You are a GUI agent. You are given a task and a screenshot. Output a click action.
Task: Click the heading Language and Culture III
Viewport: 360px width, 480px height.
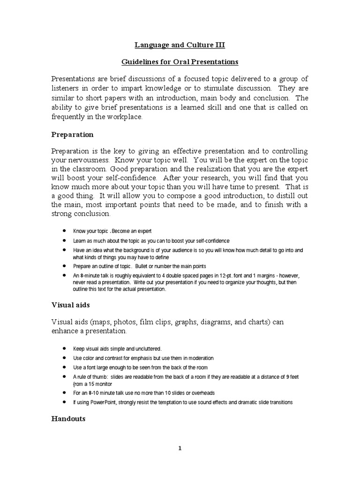pyautogui.click(x=180, y=45)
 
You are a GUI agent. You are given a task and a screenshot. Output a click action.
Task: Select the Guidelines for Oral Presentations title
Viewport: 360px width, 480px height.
pyautogui.click(x=180, y=62)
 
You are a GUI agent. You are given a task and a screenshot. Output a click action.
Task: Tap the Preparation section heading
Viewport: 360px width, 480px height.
pyautogui.click(x=72, y=135)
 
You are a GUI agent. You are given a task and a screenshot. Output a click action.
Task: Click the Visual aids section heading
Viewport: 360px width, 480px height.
pyautogui.click(x=70, y=305)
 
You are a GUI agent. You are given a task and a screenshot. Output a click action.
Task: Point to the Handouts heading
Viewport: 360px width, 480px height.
pyautogui.click(x=68, y=419)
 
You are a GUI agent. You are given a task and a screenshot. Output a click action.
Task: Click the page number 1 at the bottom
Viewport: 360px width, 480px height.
pyautogui.click(x=180, y=448)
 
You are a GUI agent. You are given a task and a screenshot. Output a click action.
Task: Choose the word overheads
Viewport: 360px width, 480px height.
pyautogui.click(x=201, y=393)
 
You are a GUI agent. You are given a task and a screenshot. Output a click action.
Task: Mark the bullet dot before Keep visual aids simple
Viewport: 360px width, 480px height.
pyautogui.click(x=64, y=349)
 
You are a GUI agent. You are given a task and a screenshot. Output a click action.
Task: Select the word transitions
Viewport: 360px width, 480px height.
pyautogui.click(x=279, y=402)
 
